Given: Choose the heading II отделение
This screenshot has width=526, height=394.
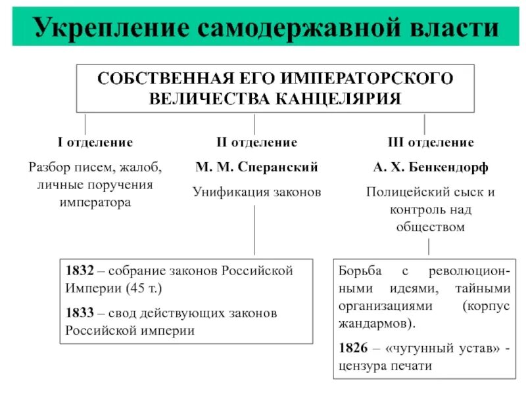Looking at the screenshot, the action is point(256,142).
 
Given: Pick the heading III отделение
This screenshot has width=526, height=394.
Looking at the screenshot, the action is point(430,142).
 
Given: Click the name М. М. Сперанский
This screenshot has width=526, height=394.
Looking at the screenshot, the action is point(256,167).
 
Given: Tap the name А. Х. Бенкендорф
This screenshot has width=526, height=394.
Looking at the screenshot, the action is point(430,167).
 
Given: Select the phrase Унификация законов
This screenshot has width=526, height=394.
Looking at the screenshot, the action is point(256,192).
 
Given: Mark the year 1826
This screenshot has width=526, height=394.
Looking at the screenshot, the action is point(353,349).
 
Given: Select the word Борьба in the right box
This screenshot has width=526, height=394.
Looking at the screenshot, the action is point(358,271).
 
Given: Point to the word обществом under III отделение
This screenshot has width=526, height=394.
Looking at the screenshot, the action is point(430,227).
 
